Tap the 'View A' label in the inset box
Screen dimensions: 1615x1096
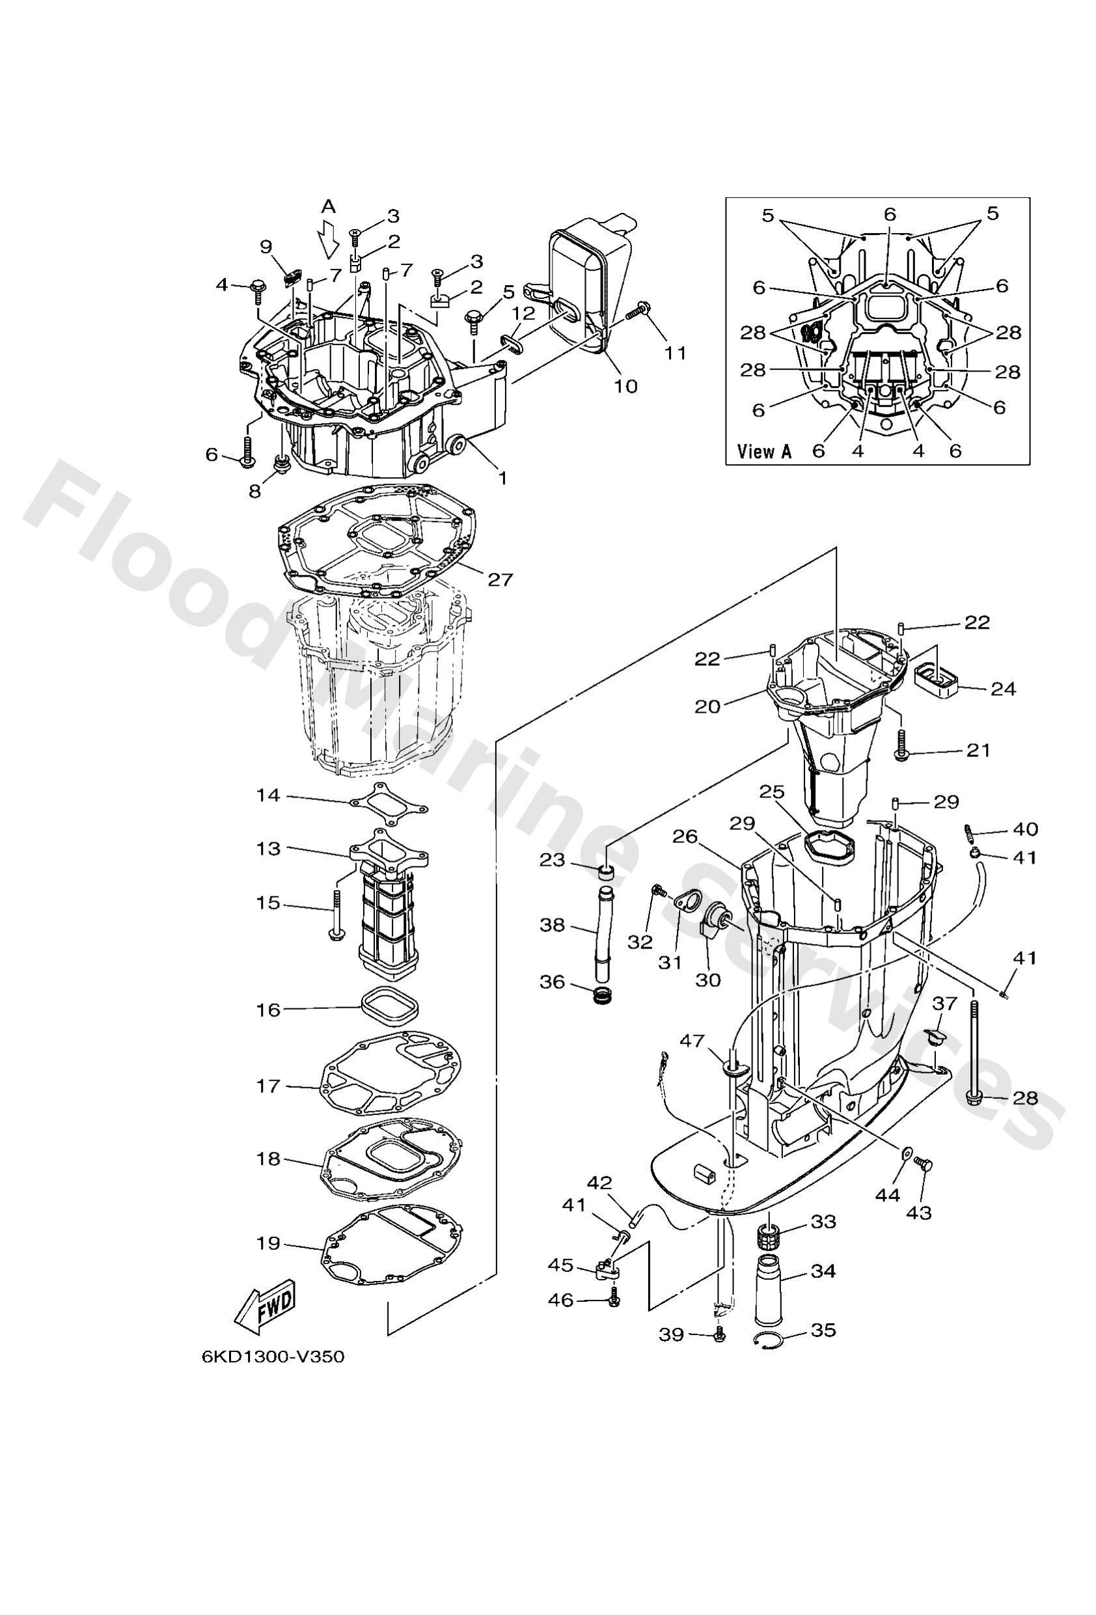tap(764, 452)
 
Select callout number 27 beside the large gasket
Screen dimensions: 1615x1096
tap(499, 579)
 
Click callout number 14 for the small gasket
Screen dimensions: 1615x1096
tap(267, 794)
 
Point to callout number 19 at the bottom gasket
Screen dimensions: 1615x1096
tap(268, 1243)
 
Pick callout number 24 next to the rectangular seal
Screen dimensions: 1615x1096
tap(1003, 689)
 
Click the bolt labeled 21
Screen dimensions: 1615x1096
tap(901, 744)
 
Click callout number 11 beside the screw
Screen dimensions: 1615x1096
tap(674, 353)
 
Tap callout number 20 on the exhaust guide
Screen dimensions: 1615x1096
tap(707, 706)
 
